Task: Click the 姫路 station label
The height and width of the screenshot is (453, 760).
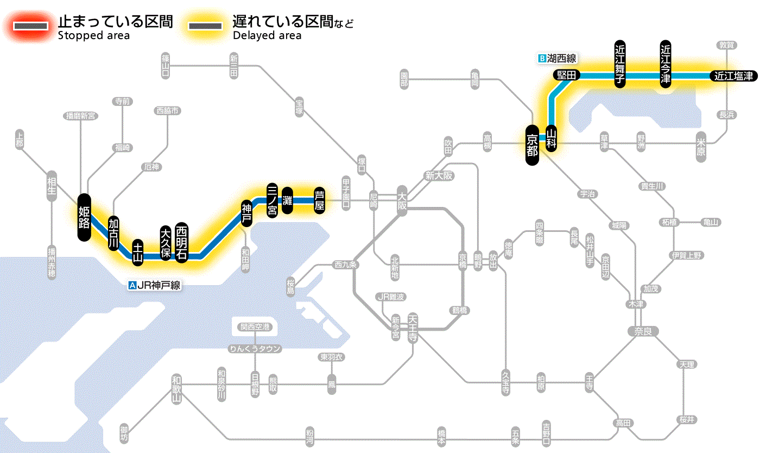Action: (x=84, y=217)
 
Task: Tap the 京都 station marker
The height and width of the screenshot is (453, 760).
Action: (x=532, y=144)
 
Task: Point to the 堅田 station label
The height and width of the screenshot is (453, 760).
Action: (x=567, y=75)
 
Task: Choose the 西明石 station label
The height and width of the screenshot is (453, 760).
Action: (x=181, y=242)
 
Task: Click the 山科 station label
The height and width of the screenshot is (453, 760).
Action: (x=552, y=139)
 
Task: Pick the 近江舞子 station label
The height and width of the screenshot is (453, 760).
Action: (x=620, y=63)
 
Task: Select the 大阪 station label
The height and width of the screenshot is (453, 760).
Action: (x=402, y=200)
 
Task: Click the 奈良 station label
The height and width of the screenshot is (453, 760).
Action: (x=642, y=331)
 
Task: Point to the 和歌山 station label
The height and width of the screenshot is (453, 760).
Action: (x=176, y=389)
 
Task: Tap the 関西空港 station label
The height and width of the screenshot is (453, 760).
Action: (x=255, y=327)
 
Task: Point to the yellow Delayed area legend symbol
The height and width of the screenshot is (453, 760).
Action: (x=205, y=26)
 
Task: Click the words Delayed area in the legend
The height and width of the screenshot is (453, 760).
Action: (x=267, y=36)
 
